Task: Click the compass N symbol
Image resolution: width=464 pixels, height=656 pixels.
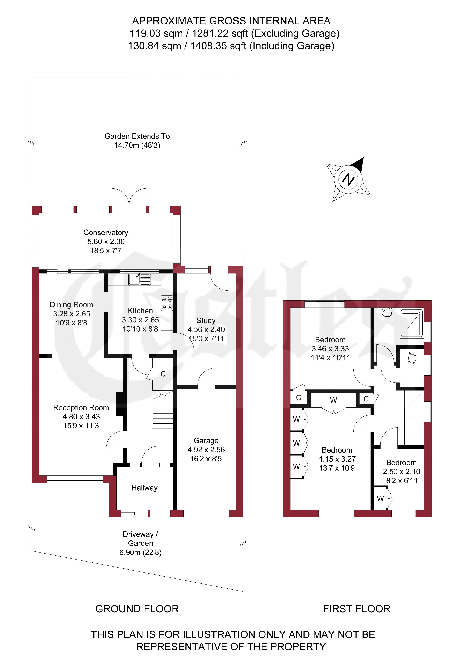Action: [348, 180]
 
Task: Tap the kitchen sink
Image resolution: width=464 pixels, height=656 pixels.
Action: [139, 279]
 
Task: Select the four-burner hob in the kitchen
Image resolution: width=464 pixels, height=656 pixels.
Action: [167, 303]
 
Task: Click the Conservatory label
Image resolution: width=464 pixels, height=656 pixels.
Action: [106, 233]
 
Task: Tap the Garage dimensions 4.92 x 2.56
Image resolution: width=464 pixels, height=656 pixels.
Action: [206, 450]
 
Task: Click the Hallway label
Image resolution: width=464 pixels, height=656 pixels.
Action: [144, 488]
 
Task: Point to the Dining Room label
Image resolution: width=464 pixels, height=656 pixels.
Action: [71, 305]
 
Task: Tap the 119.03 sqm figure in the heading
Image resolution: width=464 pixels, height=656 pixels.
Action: [156, 33]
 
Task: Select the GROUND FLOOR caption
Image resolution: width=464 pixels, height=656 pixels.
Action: [137, 609]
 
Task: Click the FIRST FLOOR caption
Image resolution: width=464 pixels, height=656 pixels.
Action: [357, 609]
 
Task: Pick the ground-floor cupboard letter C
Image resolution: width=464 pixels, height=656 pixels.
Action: [163, 374]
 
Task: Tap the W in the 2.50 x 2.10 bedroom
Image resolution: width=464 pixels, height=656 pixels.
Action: [380, 498]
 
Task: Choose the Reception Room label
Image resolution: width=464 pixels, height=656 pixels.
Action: [81, 407]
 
